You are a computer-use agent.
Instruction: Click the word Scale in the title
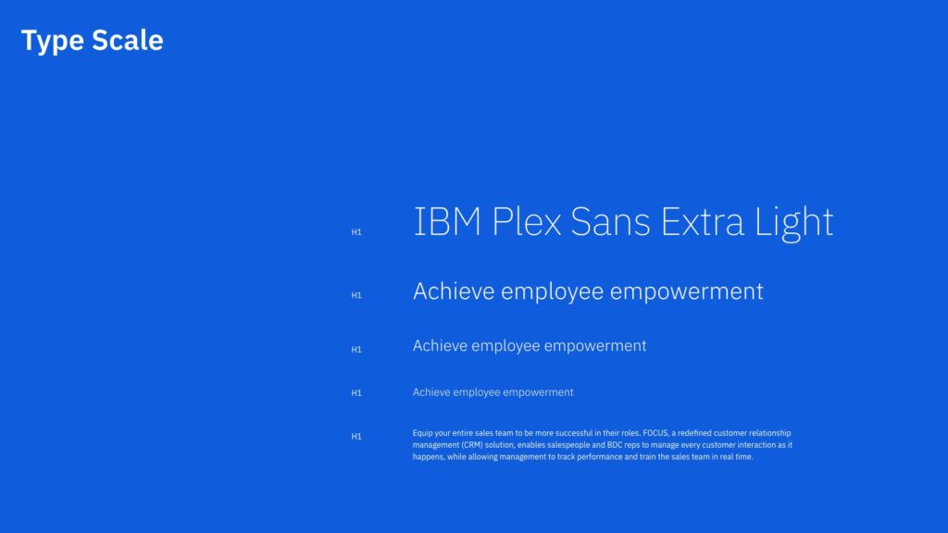[128, 40]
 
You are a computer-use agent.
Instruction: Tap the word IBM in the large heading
[447, 221]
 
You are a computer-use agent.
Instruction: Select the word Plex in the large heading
[527, 221]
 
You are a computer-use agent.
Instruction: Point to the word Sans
[610, 221]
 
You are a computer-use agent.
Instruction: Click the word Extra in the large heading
[703, 221]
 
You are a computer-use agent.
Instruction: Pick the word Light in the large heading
[793, 223]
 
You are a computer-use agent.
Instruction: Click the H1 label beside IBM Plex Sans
[356, 232]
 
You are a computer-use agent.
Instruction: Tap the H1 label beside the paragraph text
[356, 437]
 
